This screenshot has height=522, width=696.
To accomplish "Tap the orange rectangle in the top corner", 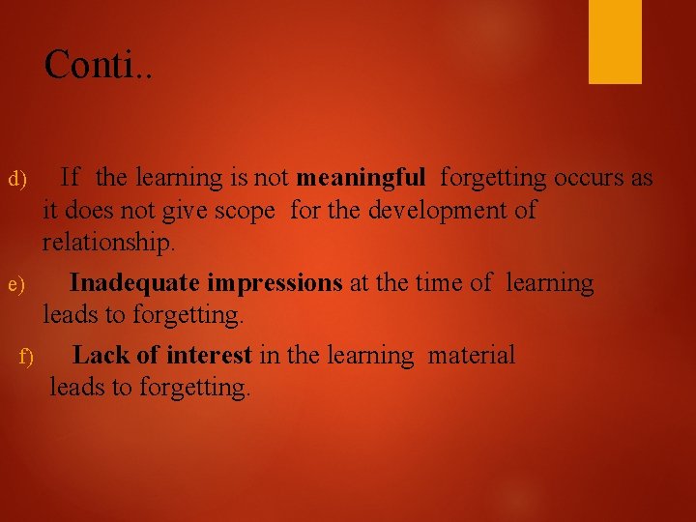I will [615, 41].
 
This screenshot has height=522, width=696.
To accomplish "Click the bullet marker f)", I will [27, 359].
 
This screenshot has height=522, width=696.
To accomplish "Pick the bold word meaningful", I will [361, 178].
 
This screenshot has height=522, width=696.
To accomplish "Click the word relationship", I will [109, 242].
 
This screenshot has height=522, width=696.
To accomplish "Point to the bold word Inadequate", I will [134, 283].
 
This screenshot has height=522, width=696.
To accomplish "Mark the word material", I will [472, 355].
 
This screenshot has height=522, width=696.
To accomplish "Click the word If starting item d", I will [70, 178].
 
